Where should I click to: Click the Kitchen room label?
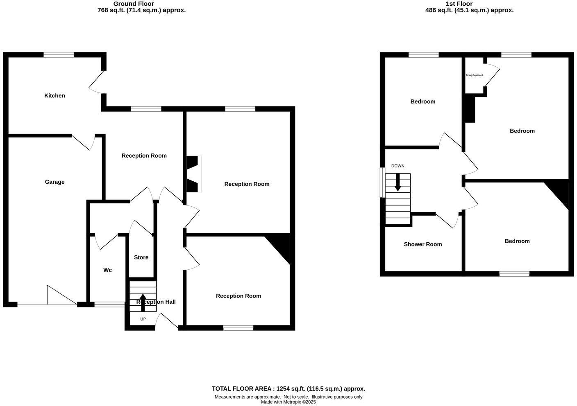55,96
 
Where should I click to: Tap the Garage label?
55,182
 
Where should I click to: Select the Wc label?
107,270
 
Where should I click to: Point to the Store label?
141,257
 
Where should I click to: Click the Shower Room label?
423,244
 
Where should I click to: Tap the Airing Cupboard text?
474,75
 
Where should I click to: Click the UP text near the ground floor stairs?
143,319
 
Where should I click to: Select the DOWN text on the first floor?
398,166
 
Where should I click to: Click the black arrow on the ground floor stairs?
143,302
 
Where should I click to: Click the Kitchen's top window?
59,54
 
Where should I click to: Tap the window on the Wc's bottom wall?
109,304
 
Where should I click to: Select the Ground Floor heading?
134,4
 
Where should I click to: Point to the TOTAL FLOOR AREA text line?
288,389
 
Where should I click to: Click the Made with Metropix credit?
288,402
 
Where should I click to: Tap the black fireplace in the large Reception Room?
193,174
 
